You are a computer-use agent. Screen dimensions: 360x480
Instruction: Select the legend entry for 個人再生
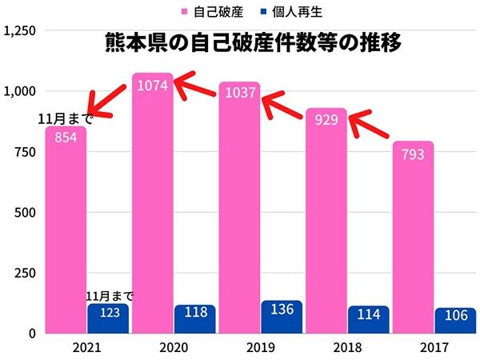pyautogui.click(x=289, y=11)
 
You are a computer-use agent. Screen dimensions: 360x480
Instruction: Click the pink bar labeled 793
pyautogui.click(x=413, y=240)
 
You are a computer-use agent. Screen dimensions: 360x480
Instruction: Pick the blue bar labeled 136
pyautogui.click(x=282, y=317)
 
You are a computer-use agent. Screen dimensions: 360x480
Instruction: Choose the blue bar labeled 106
pyautogui.click(x=455, y=320)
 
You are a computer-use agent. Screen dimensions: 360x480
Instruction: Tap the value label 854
pyautogui.click(x=66, y=137)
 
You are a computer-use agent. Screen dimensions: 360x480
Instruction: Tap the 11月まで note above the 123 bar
pyautogui.click(x=110, y=296)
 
